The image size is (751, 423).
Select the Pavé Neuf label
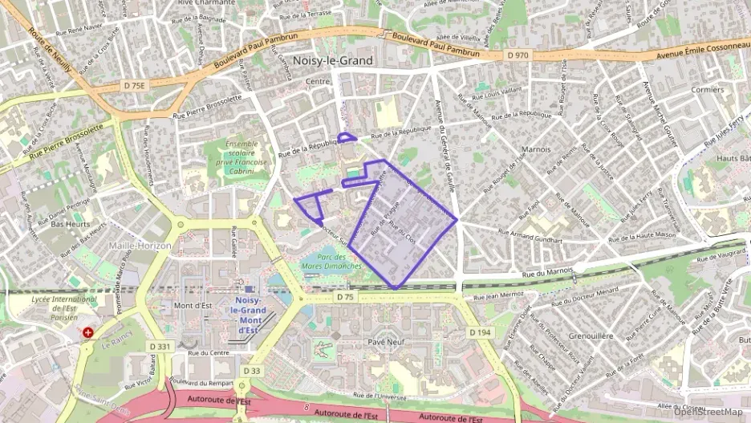[x=386, y=341]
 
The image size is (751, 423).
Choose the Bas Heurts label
[x=69, y=224]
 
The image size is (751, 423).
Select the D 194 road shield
[x=479, y=331]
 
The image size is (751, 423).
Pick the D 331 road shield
[x=160, y=347]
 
